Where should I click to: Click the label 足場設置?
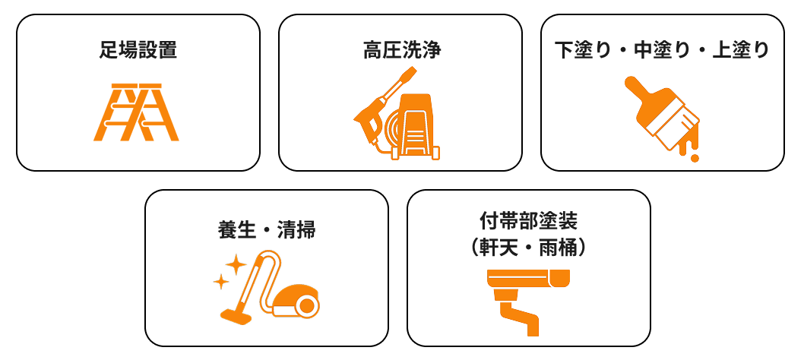tap(138, 51)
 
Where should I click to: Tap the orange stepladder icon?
tap(136, 112)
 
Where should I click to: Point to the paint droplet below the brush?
tap(695, 158)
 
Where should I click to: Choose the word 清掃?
tap(296, 231)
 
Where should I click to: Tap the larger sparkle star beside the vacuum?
tap(236, 264)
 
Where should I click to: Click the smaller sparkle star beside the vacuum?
tap(221, 282)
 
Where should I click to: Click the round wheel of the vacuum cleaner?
tap(306, 306)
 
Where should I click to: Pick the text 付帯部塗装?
tap(528, 222)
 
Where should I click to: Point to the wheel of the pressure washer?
tap(436, 153)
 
